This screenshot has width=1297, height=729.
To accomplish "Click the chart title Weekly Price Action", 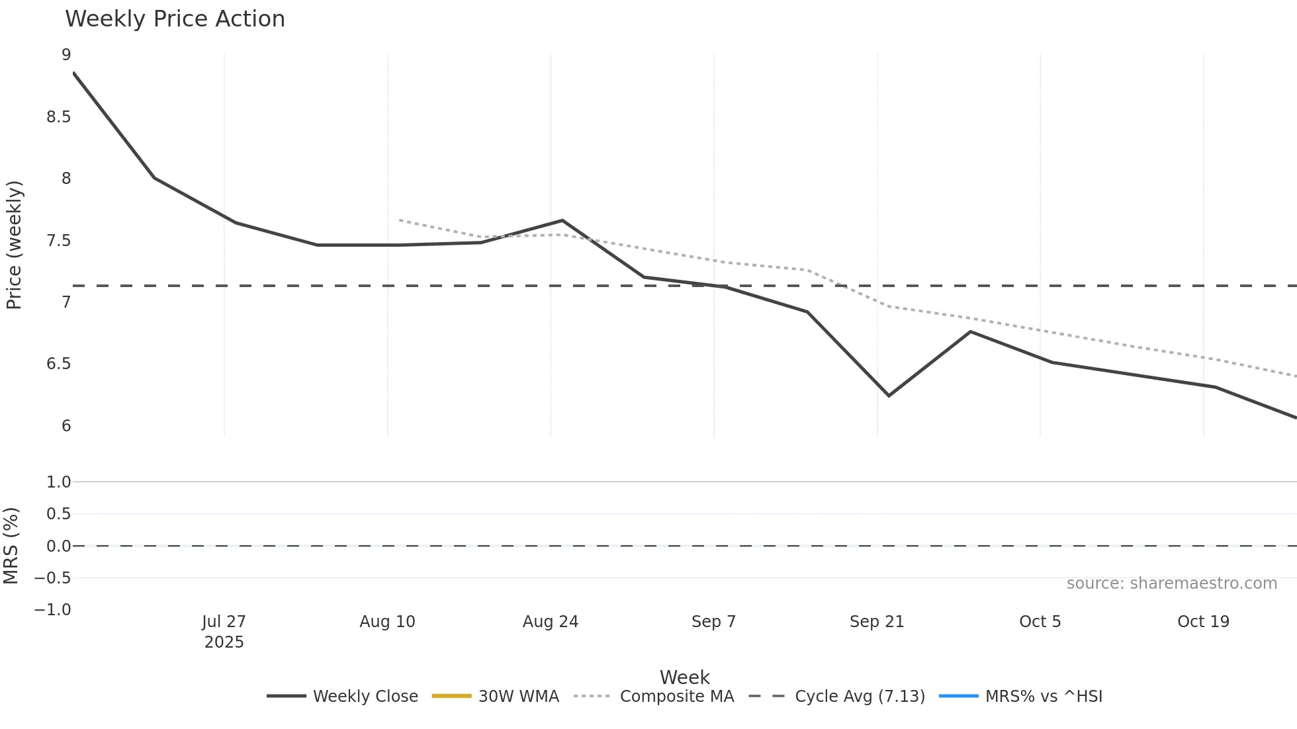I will (175, 19).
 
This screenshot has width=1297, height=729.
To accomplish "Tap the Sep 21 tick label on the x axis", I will (877, 622).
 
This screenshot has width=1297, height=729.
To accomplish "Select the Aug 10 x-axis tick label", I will (387, 622).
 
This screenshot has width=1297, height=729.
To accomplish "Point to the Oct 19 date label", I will (1203, 622).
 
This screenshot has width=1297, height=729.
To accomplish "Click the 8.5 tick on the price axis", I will (58, 117).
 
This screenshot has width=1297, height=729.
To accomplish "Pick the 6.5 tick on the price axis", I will (58, 364).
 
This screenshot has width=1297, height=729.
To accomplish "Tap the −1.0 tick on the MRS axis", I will (52, 610).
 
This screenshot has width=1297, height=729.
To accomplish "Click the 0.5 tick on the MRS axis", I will (58, 514).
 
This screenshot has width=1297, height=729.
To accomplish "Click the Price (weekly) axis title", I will (14, 245).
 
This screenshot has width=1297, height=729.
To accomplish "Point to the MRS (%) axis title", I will (11, 546).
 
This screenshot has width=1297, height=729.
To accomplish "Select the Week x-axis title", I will (684, 677).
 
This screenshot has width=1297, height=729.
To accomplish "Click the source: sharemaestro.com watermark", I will (1171, 583).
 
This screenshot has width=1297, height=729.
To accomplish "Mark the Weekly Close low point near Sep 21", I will (889, 396).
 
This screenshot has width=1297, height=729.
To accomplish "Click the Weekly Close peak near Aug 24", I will (562, 220).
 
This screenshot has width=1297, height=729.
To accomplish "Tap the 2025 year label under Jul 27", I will (224, 642).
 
